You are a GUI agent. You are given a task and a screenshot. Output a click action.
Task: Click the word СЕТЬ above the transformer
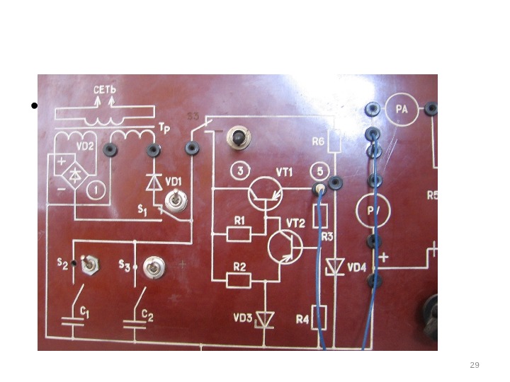104,91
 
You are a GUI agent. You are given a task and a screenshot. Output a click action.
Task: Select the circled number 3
241,172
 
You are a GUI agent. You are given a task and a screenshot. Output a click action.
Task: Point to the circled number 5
319,172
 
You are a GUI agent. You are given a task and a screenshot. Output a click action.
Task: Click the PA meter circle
402,110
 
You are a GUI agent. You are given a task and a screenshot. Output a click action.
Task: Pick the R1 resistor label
239,221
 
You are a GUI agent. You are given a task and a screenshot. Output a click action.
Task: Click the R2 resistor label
239,267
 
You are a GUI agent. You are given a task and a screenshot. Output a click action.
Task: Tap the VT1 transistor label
285,172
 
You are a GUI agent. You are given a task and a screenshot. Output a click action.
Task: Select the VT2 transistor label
295,223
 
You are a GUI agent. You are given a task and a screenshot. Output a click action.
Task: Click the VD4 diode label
357,267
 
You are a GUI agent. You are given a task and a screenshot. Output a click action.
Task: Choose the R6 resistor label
319,141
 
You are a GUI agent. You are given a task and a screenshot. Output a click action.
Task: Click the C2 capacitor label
147,313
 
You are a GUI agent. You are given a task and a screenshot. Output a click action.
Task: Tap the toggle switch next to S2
90,266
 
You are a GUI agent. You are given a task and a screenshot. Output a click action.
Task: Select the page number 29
475,365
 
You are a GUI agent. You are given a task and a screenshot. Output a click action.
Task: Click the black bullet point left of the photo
33,107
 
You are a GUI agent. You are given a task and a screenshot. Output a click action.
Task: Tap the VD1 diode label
174,181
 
